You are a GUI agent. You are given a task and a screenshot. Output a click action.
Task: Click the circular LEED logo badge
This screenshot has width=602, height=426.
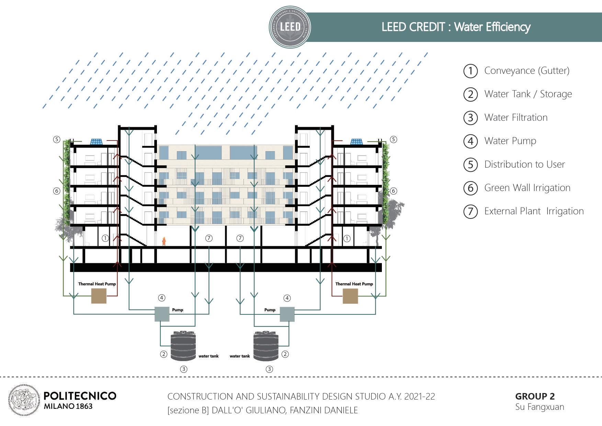[x=290, y=27]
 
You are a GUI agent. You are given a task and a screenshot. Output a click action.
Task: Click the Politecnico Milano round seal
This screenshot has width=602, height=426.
[x=24, y=400]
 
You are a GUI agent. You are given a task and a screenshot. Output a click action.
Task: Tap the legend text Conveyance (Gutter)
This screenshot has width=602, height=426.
[x=526, y=71]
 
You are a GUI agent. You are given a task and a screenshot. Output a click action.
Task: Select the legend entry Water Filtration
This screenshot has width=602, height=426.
[x=515, y=117]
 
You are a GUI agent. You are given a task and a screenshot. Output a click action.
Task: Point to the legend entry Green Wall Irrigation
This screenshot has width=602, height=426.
[x=527, y=188]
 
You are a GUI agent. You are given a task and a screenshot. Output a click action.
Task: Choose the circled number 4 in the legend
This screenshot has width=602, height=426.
[x=470, y=141]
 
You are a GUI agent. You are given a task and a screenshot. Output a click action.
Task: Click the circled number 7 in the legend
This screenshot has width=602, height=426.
[x=470, y=211]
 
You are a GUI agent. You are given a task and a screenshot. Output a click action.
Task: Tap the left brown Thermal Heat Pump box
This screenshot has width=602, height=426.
[x=99, y=296]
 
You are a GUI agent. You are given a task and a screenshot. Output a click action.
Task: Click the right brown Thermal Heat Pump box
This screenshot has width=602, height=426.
[x=350, y=296]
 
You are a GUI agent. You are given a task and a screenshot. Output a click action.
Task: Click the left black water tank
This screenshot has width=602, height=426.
[x=183, y=346]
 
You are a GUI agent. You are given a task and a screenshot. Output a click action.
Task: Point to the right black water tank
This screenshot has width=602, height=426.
[x=265, y=346]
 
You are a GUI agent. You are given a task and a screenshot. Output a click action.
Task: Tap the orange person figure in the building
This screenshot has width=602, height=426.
[x=164, y=241]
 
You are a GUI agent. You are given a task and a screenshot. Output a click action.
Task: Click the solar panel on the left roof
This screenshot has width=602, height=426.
[x=96, y=142]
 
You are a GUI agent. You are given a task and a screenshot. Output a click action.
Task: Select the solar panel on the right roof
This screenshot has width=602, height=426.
[x=356, y=142]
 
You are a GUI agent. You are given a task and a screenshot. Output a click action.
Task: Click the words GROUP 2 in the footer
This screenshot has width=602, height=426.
[x=535, y=396]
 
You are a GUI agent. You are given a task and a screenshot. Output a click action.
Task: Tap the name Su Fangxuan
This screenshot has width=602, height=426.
[x=539, y=407]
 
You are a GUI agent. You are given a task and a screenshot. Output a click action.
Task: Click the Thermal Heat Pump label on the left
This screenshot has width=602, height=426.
[x=97, y=284]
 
